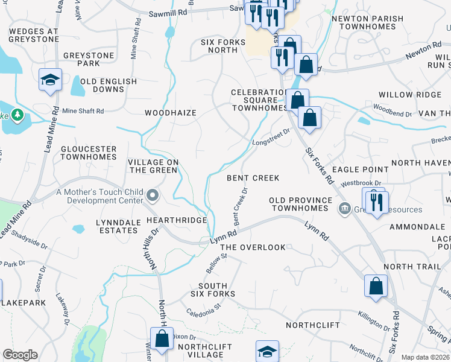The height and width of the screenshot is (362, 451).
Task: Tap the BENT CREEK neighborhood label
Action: pyautogui.click(x=253, y=178)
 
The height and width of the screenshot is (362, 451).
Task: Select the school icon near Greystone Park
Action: pyautogui.click(x=50, y=80)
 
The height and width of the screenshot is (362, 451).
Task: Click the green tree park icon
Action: pyautogui.click(x=17, y=115)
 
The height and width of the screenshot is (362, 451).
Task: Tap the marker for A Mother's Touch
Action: pyautogui.click(x=153, y=195)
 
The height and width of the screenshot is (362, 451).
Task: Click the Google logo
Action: pyautogui.click(x=20, y=355)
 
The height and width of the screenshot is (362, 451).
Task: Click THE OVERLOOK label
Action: pyautogui.click(x=252, y=248)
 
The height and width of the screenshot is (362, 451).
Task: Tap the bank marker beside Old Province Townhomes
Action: pyautogui.click(x=344, y=209)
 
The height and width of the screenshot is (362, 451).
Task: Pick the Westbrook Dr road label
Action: pyautogui.click(x=361, y=183)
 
